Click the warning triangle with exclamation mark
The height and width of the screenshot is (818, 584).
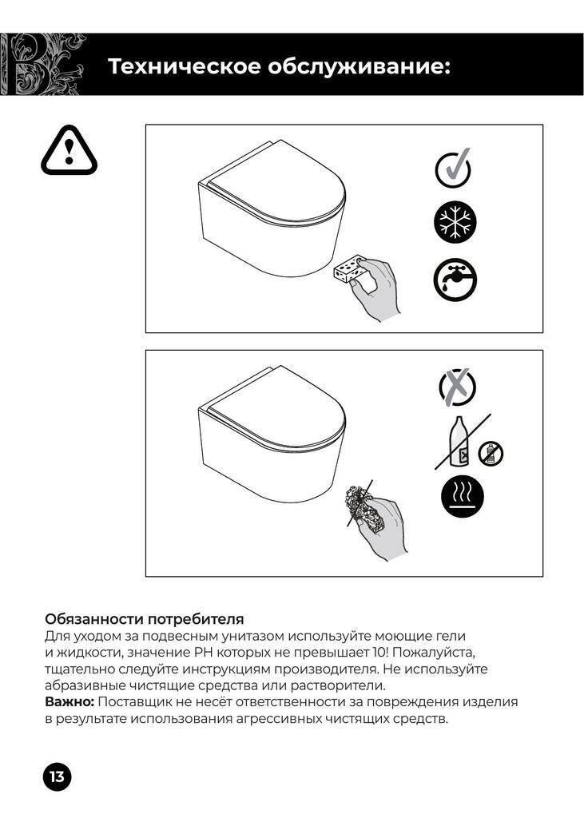[x=69, y=151]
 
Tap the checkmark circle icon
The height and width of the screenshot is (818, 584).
[x=453, y=168]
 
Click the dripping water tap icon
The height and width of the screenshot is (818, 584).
[x=455, y=280]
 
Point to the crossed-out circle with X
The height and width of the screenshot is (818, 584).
[x=457, y=387]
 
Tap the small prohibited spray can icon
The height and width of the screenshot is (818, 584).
[x=491, y=452]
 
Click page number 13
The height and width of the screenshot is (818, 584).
[x=57, y=777]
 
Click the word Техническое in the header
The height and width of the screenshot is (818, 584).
[x=184, y=67]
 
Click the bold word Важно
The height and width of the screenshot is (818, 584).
[x=70, y=701]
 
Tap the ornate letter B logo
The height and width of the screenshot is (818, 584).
[x=43, y=64]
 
